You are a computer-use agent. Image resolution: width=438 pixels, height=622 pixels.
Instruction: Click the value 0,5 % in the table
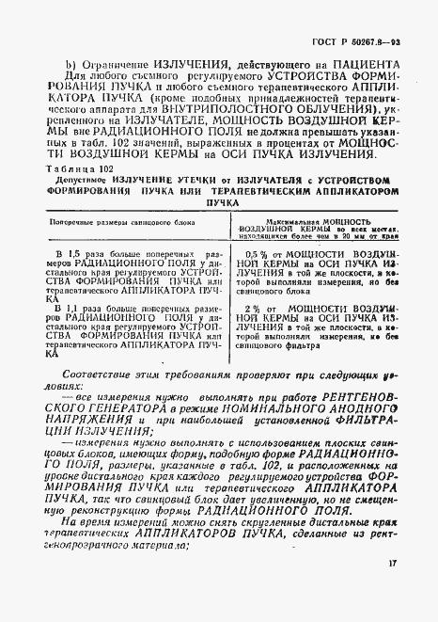(257, 279)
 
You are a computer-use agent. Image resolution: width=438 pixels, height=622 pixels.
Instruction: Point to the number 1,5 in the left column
(67, 280)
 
